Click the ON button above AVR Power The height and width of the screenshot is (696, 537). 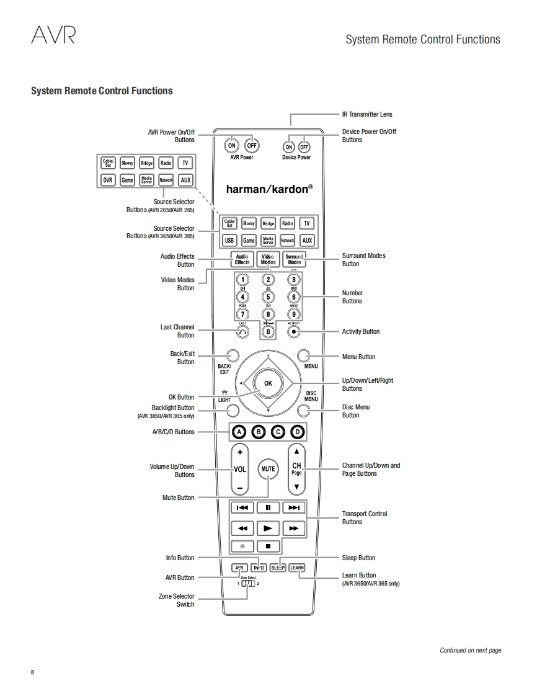pyautogui.click(x=231, y=146)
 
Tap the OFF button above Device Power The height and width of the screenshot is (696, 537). pyautogui.click(x=304, y=147)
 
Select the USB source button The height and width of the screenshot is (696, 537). pyautogui.click(x=229, y=241)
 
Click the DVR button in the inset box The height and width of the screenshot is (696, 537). pyautogui.click(x=108, y=181)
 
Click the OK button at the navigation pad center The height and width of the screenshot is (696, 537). pyautogui.click(x=268, y=383)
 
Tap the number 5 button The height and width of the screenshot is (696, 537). pyautogui.click(x=268, y=297)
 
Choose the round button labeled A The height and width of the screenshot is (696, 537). pyautogui.click(x=239, y=432)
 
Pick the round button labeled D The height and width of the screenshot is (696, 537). pyautogui.click(x=298, y=432)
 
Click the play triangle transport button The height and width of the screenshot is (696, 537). pyautogui.click(x=268, y=529)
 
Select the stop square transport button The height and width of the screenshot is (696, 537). pyautogui.click(x=268, y=547)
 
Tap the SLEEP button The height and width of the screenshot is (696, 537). pyautogui.click(x=278, y=568)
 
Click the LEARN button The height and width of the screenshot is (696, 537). pyautogui.click(x=297, y=568)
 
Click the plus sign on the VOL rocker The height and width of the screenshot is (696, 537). pyautogui.click(x=239, y=452)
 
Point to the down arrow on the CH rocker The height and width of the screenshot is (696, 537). pyautogui.click(x=297, y=488)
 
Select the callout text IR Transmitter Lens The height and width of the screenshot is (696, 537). pyautogui.click(x=367, y=114)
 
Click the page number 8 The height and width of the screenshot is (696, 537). pyautogui.click(x=33, y=673)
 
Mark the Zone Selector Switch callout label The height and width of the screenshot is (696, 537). pyautogui.click(x=176, y=600)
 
